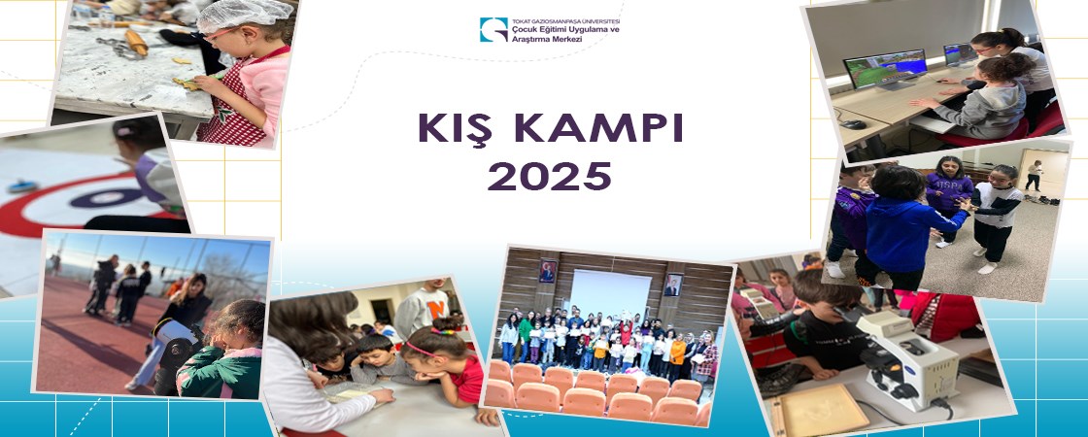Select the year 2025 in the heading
coord(549,176)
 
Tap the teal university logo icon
coord(493,30)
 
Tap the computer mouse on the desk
coord(852,124)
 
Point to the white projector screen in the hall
coord(610,291)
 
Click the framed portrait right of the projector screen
coord(672,285)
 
